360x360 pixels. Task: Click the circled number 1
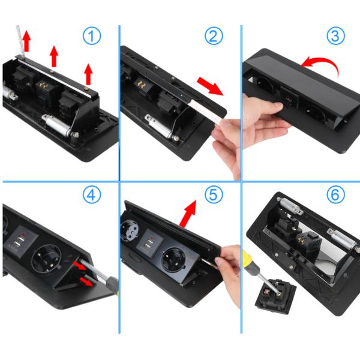(x=92, y=35)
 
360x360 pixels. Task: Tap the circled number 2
(x=214, y=35)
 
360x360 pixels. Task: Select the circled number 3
(x=335, y=35)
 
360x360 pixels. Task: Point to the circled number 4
(x=92, y=194)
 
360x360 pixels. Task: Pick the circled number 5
(x=214, y=194)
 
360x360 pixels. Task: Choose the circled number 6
(x=335, y=194)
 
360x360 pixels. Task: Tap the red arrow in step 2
(x=210, y=86)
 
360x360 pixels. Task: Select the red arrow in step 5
(x=188, y=214)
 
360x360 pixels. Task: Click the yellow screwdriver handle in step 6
(x=250, y=262)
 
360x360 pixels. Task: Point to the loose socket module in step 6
(x=275, y=295)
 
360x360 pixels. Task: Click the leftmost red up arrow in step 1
(x=26, y=41)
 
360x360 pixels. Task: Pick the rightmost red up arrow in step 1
(x=88, y=74)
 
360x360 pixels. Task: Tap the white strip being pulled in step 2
(x=205, y=110)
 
